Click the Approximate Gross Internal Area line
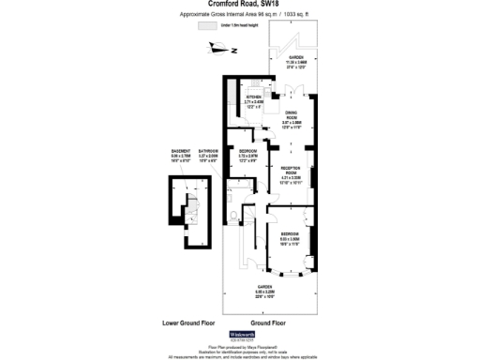pos(239,15)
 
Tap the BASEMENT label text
pos(181,154)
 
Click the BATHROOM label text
pos(209,154)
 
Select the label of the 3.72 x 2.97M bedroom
pos(248,154)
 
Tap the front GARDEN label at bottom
pos(266,290)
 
